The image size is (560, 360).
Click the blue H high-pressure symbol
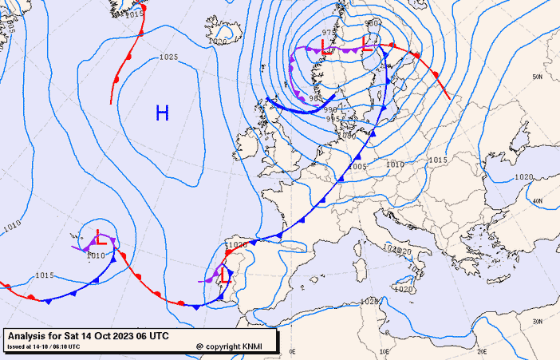point(162,113)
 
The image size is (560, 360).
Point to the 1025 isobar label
point(168,57)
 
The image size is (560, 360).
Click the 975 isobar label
point(329,33)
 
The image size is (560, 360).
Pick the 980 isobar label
point(372,23)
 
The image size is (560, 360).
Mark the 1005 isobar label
point(357,166)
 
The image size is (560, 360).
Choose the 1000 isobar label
point(347,136)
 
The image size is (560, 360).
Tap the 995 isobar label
point(333,119)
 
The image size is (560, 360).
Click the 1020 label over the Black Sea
point(524,176)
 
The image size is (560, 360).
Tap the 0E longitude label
point(293,350)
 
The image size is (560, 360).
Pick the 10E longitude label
point(385,350)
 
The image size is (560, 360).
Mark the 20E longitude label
point(482,350)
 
